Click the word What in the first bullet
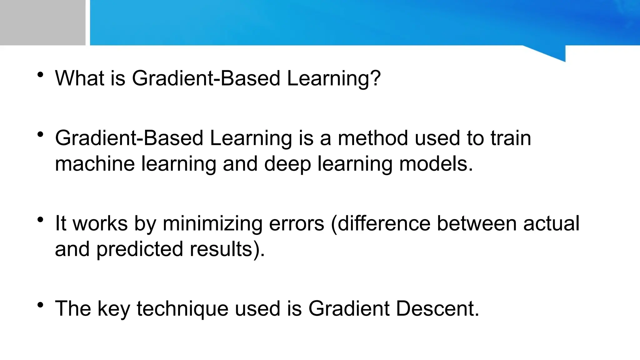click(x=79, y=78)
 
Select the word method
click(x=373, y=138)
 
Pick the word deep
click(x=287, y=164)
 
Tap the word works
click(x=100, y=223)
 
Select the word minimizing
click(x=212, y=224)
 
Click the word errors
click(x=296, y=224)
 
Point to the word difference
click(x=384, y=223)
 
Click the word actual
click(x=551, y=223)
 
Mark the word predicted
click(x=139, y=249)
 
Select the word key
click(x=113, y=309)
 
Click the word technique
click(x=182, y=309)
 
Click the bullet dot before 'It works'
click(x=40, y=220)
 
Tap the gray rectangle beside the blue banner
click(x=42, y=22)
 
